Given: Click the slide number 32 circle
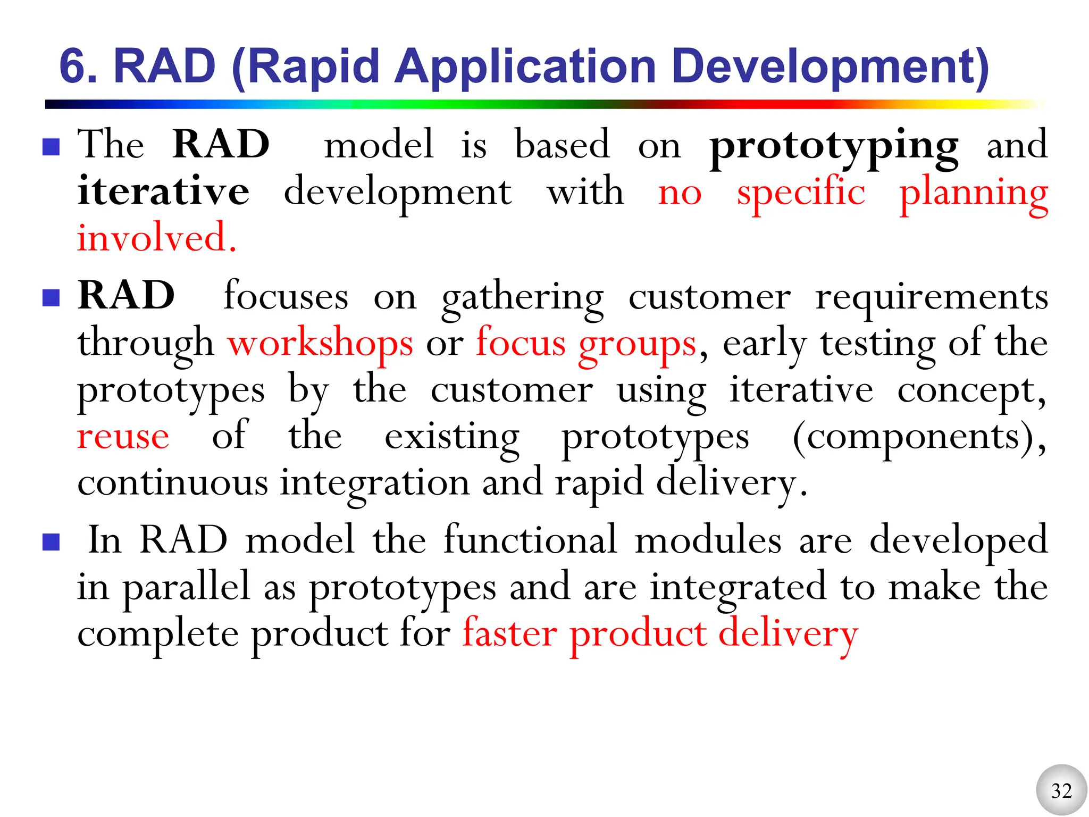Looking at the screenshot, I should pyautogui.click(x=1061, y=790).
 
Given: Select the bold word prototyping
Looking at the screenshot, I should pyautogui.click(x=834, y=146).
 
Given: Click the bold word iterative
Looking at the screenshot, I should pyautogui.click(x=163, y=191).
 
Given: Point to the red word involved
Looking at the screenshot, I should pyautogui.click(x=156, y=238).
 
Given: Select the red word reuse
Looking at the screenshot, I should pyautogui.click(x=123, y=437).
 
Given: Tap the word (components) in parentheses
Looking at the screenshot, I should pyautogui.click(x=918, y=437).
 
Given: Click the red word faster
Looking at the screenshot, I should pyautogui.click(x=509, y=633).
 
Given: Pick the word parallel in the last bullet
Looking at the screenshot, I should pyautogui.click(x=186, y=588).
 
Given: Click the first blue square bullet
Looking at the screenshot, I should pyautogui.click(x=51, y=147).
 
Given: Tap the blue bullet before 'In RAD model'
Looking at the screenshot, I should pyautogui.click(x=51, y=542).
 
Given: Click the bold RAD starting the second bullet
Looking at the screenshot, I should pyautogui.click(x=126, y=295).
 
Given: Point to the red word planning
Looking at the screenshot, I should pyautogui.click(x=973, y=193).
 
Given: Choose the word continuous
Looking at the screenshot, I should pyautogui.click(x=172, y=483).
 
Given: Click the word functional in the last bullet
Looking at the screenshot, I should pyautogui.click(x=530, y=540).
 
